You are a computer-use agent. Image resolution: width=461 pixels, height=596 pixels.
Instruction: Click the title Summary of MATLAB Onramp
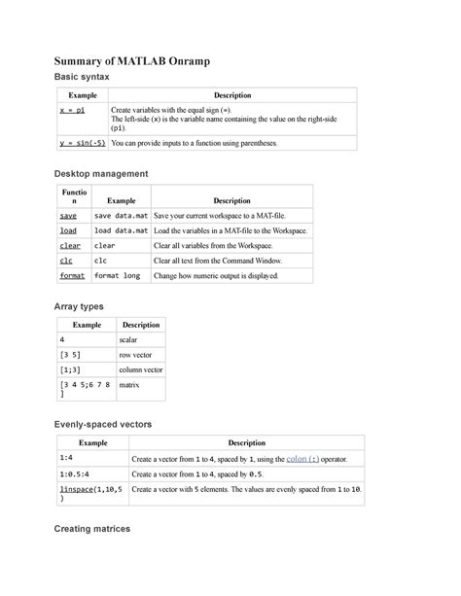132,62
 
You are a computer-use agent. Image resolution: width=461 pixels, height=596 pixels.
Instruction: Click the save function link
68,215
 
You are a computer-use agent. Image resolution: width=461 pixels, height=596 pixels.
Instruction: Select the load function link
68,230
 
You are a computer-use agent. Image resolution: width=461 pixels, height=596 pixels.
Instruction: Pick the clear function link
70,246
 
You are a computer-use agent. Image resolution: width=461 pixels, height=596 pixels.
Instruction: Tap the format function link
72,275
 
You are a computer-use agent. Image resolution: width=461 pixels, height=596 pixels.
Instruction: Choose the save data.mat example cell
121,215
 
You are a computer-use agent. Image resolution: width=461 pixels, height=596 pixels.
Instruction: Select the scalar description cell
128,341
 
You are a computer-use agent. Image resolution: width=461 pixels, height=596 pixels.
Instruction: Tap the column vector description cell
140,370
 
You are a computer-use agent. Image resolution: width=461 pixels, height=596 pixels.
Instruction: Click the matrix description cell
129,385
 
